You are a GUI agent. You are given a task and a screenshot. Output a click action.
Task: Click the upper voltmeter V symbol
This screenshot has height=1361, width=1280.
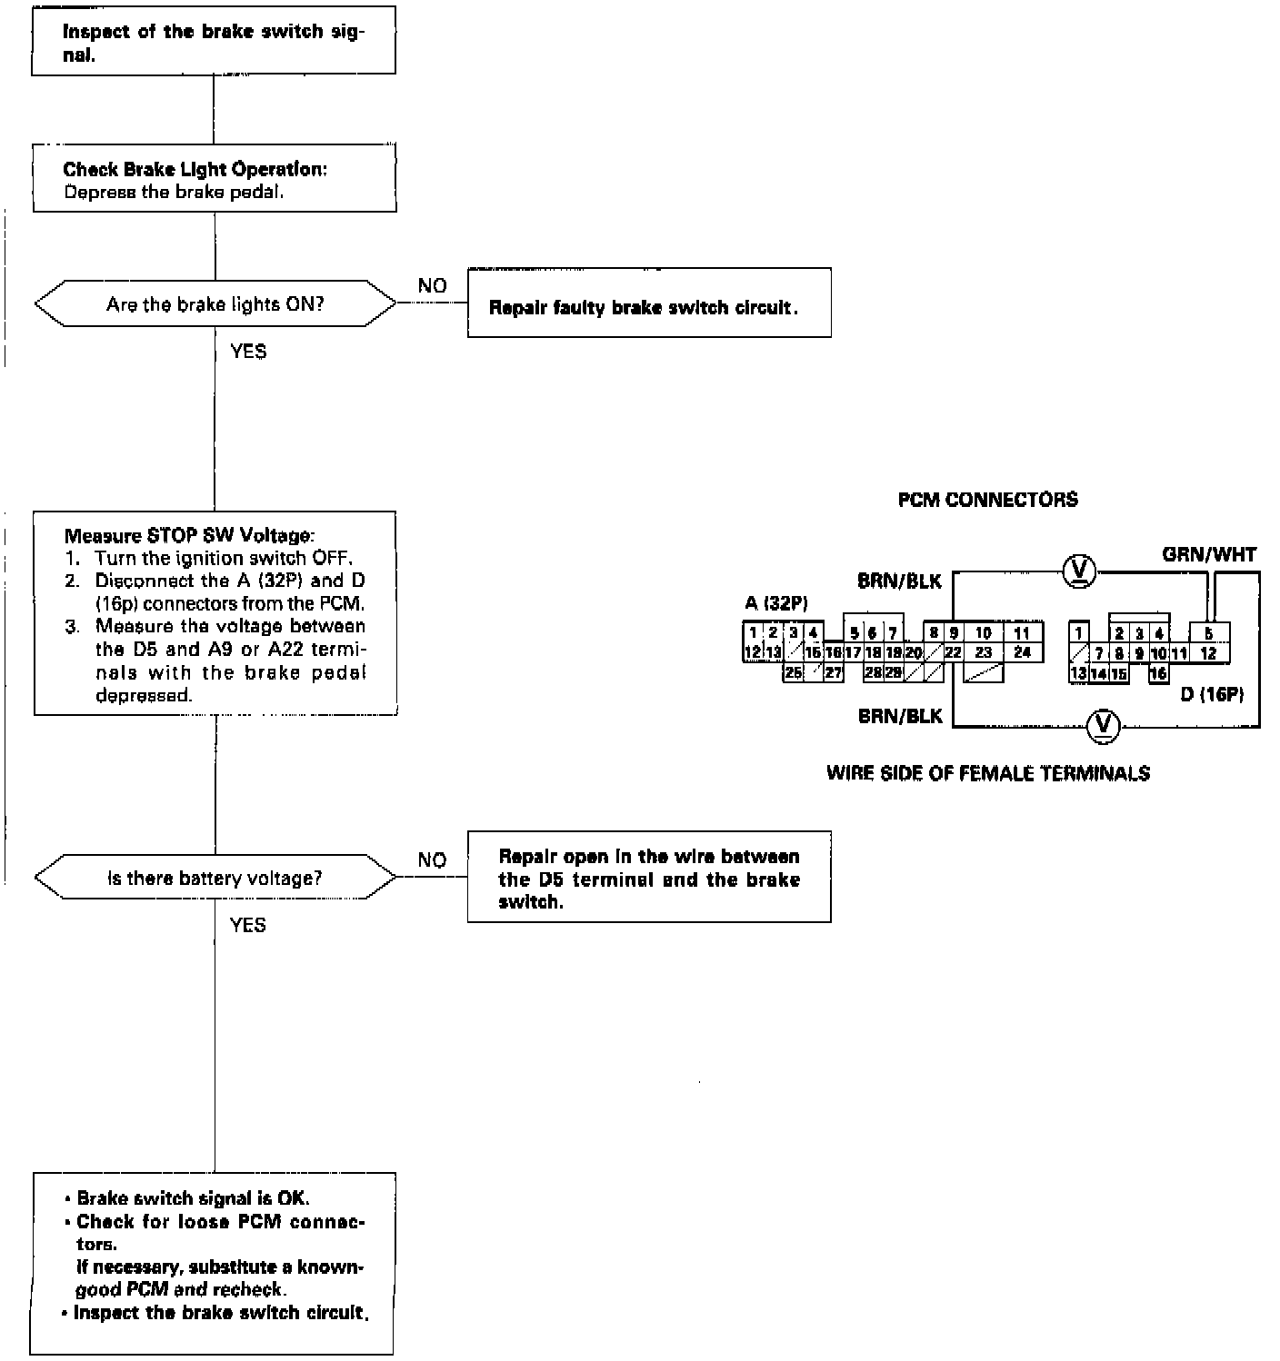(x=1079, y=571)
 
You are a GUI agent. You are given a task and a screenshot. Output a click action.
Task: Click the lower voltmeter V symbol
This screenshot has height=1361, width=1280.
(x=1103, y=726)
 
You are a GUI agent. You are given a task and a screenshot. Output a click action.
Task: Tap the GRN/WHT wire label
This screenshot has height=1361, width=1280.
(x=1209, y=554)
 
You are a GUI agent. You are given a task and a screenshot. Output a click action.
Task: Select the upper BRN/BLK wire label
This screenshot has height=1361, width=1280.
(x=899, y=581)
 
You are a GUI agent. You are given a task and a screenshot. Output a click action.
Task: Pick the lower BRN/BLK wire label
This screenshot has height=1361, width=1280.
(x=900, y=716)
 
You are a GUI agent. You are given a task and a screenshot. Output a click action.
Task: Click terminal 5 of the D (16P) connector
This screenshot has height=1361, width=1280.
(x=1209, y=633)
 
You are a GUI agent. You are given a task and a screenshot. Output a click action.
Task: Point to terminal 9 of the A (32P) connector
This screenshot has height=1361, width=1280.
(x=954, y=633)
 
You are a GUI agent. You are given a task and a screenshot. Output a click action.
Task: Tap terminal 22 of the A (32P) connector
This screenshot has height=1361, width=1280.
(x=954, y=652)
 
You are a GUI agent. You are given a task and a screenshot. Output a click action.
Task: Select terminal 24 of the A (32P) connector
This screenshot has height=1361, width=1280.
(x=1022, y=652)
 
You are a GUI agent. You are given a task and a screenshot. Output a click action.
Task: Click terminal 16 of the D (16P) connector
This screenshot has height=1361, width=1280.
(x=1158, y=673)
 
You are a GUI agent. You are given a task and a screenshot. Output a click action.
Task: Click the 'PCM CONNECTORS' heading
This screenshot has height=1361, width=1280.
(x=988, y=500)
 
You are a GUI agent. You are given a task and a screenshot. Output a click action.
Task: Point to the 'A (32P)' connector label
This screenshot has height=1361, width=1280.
(x=776, y=603)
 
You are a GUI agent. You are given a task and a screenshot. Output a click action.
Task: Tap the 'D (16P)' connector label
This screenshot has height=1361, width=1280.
(x=1212, y=694)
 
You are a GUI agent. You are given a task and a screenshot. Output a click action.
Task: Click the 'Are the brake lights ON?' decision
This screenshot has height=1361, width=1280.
(x=215, y=303)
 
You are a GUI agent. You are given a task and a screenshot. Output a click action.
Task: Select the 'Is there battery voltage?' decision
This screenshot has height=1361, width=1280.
(x=215, y=877)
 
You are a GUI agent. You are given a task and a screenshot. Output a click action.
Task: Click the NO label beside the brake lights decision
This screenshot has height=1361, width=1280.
(x=432, y=286)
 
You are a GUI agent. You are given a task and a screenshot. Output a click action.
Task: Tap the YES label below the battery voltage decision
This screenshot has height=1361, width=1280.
(x=247, y=925)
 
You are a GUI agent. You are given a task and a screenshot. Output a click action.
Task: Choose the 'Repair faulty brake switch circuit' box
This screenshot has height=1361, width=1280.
(x=649, y=303)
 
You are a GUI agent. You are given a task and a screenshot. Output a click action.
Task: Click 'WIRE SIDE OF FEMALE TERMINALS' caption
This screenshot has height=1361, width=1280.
(x=988, y=774)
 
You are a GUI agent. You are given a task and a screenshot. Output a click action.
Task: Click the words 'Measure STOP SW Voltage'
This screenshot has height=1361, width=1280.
(x=189, y=535)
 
